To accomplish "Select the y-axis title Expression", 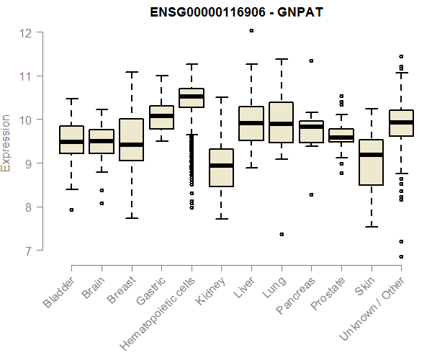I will [x=6, y=142].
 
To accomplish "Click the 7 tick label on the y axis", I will [x=27, y=251].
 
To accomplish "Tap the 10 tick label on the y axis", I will [x=24, y=120].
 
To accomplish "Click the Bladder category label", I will [x=59, y=292].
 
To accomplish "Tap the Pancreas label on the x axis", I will [x=297, y=294].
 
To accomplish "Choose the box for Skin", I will [x=371, y=162].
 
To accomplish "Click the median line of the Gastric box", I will [x=161, y=115].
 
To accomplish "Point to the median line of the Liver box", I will [x=251, y=122].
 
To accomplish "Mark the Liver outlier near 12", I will [x=251, y=31].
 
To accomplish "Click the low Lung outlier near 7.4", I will [x=282, y=234].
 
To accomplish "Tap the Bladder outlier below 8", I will [x=71, y=210].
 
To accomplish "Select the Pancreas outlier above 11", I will [x=311, y=60].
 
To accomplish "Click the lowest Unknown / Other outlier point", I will [x=401, y=256].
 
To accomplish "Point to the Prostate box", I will [x=341, y=135].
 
